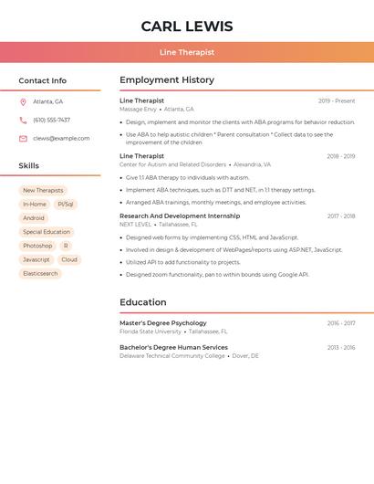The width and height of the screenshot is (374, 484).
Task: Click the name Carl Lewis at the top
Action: (187, 26)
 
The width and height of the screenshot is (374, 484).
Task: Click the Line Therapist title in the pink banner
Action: (187, 52)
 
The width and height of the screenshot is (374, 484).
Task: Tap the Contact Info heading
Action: (42, 80)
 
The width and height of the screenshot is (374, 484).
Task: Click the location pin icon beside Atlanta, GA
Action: (23, 101)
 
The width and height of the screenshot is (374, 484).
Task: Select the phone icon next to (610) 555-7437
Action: (23, 120)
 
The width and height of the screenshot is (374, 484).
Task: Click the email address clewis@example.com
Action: (61, 138)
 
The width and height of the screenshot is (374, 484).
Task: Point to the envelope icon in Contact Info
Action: (23, 138)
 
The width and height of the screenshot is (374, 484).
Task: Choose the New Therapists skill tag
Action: (43, 191)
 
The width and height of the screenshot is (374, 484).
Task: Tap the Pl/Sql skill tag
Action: (66, 205)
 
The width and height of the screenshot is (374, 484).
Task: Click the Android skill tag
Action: (34, 218)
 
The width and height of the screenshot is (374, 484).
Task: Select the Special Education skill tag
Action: (47, 232)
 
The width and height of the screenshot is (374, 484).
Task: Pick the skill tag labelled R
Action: (66, 246)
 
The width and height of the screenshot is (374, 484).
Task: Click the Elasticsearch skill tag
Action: (40, 273)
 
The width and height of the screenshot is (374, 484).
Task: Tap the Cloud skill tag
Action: (69, 259)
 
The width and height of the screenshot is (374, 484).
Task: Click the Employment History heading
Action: (167, 80)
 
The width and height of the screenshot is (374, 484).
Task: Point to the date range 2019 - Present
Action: (337, 100)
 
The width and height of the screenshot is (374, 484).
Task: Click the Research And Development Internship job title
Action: (180, 216)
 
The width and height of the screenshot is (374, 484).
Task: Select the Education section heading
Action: (143, 302)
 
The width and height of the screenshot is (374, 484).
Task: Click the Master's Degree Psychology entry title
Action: (163, 323)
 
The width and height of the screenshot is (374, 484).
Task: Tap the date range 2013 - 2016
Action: (341, 347)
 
